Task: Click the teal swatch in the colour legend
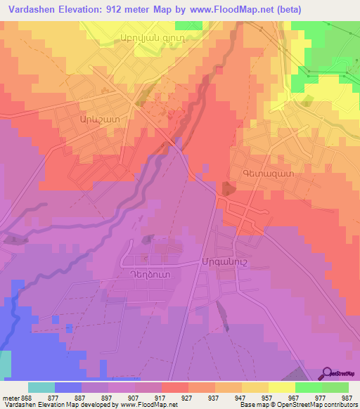click(x=41, y=387)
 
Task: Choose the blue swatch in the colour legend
click(x=68, y=387)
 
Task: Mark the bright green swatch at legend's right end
click(x=335, y=387)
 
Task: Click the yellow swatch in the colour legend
click(x=281, y=387)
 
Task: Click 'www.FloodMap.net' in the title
click(x=232, y=10)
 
